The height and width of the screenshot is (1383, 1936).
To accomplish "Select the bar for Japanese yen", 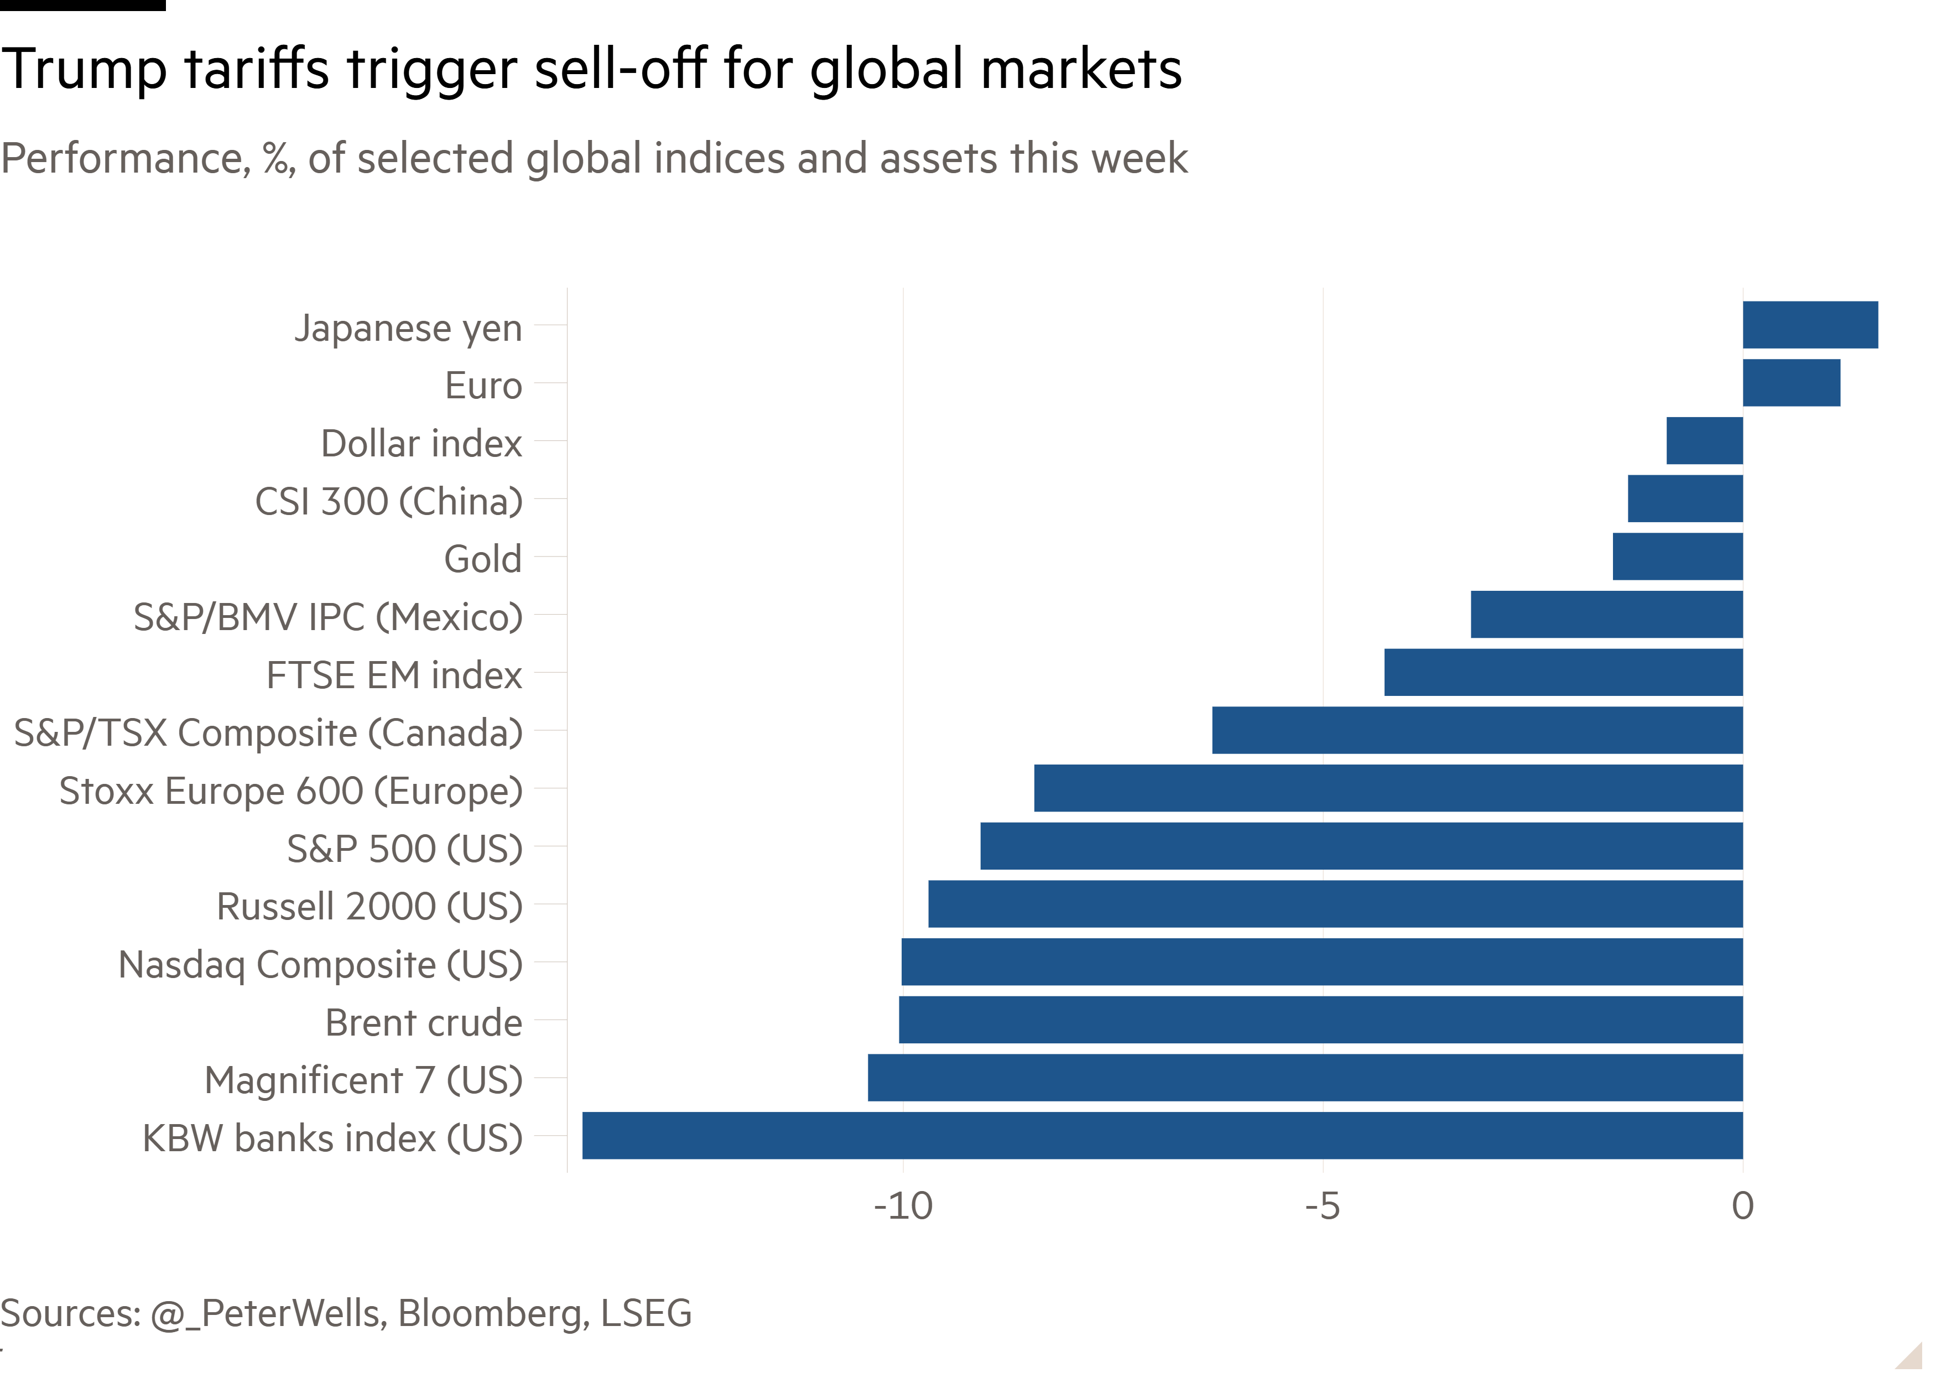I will [x=1810, y=325].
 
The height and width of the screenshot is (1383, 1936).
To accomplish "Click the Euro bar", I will [x=1791, y=382].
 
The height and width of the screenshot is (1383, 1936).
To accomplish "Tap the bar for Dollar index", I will [x=1704, y=440].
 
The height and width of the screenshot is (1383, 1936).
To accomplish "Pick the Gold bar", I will [x=1677, y=556].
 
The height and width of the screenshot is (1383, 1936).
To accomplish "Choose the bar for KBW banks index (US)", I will [x=1162, y=1135].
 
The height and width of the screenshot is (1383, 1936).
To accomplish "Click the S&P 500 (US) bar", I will [x=1361, y=846].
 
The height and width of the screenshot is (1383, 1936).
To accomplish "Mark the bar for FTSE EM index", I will [x=1563, y=672].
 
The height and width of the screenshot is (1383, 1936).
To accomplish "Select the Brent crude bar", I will [x=1320, y=1020].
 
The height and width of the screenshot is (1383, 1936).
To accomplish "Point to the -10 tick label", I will [x=902, y=1206].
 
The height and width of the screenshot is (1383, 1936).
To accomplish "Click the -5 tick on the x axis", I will [x=1322, y=1206].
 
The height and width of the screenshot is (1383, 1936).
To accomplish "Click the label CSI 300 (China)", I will [x=388, y=501].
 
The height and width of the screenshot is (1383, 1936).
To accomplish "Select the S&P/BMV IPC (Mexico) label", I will [x=328, y=617].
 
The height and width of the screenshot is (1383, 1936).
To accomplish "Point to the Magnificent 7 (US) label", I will [x=363, y=1080].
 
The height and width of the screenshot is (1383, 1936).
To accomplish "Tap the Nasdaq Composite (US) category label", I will [x=320, y=964].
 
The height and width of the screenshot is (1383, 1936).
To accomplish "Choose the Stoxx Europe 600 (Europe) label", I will [x=290, y=791].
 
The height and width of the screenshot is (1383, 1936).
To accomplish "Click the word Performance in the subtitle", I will [x=126, y=158].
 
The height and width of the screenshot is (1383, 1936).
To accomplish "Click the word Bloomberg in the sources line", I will [x=493, y=1312].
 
